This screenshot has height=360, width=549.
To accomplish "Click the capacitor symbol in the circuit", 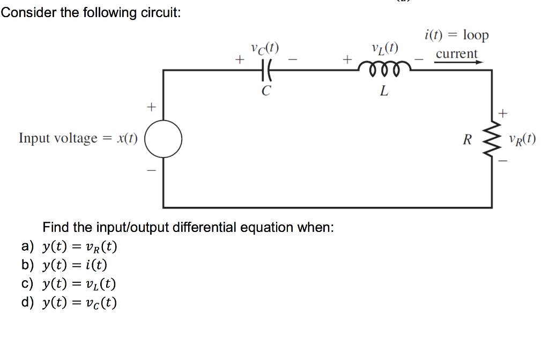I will [x=264, y=69].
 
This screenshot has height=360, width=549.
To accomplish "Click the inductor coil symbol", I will [x=383, y=69].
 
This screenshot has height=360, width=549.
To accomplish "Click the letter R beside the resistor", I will [x=468, y=141].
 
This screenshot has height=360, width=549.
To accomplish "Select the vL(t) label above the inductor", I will [x=384, y=48].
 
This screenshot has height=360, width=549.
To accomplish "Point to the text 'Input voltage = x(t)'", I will [x=78, y=138].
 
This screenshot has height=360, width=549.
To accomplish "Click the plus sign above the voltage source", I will [x=151, y=107].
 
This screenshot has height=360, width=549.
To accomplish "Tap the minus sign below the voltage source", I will [x=151, y=171].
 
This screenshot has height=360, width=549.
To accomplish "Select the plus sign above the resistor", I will [x=502, y=113].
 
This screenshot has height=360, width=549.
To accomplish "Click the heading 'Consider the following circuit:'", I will [x=91, y=13].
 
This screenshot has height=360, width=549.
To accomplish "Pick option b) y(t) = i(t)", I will [x=64, y=265].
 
